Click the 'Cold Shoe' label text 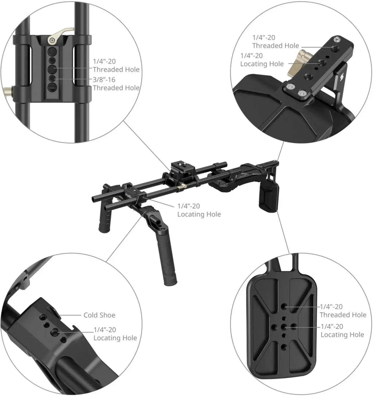click(99, 315)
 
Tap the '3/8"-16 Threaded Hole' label click(116, 84)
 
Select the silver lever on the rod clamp click(60, 36)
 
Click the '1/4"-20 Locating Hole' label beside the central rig click(199, 210)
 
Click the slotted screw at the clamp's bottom click(53, 87)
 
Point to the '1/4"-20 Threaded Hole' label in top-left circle click(116, 65)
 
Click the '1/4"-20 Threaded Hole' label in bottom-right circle click(343, 311)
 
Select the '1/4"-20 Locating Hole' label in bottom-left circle click(115, 334)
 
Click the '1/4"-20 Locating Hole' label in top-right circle click(262, 60)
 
